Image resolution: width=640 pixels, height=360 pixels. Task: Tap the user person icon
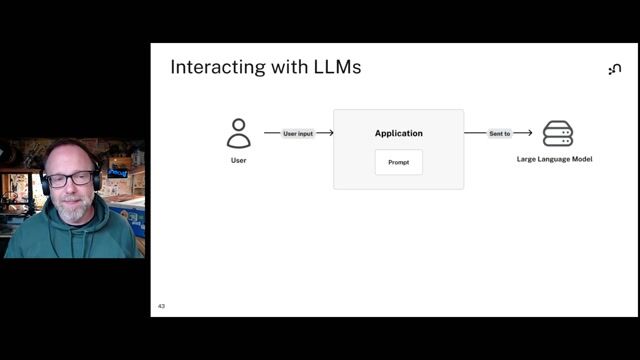[238, 133]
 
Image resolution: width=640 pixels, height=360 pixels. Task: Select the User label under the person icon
[238, 160]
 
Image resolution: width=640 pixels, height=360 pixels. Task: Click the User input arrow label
[298, 133]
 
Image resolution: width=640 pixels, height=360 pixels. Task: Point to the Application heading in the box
[398, 133]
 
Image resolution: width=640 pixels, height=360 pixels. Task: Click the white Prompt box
[398, 162]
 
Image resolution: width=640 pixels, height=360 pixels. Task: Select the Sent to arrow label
[499, 133]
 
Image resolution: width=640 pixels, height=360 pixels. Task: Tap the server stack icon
[557, 134]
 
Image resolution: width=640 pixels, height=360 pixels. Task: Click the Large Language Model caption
[554, 159]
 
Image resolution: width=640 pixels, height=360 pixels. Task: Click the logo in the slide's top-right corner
[614, 69]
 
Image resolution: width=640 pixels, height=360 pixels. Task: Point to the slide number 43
[161, 306]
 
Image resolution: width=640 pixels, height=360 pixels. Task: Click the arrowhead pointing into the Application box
[329, 133]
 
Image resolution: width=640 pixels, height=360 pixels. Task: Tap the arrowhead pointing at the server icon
[528, 133]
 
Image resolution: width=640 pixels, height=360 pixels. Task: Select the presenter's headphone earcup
[45, 184]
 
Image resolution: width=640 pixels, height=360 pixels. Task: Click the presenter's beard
[72, 211]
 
